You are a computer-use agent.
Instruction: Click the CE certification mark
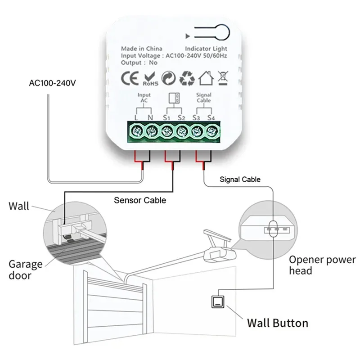[130, 78]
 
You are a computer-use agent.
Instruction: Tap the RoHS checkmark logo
[151, 79]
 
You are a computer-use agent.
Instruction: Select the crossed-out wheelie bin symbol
[223, 78]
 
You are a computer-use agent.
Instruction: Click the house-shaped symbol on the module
[206, 78]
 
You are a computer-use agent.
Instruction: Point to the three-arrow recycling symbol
[187, 78]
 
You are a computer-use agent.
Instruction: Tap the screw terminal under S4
[211, 131]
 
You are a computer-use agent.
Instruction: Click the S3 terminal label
[196, 117]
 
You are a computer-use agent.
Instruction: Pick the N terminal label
[150, 117]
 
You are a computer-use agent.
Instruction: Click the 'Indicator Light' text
[206, 49]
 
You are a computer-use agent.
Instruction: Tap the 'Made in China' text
[142, 49]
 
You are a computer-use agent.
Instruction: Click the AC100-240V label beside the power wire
[52, 83]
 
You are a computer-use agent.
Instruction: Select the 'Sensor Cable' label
[140, 200]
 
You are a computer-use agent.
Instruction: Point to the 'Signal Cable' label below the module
[240, 179]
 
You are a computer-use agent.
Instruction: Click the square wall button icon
[218, 301]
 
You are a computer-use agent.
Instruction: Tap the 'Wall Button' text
[278, 323]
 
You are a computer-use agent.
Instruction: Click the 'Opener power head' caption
[322, 265]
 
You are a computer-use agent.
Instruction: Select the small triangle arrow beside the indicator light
[188, 36]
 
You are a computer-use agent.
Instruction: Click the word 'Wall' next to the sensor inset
[19, 206]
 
